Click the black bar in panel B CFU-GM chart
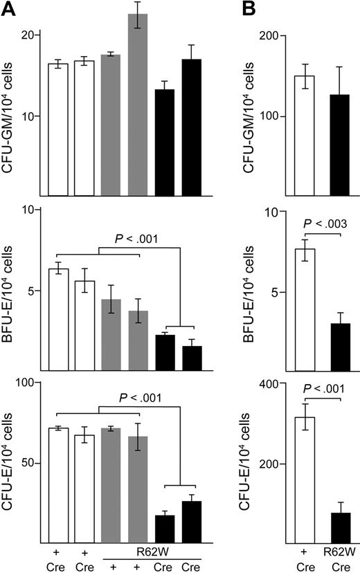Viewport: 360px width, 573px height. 339,145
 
